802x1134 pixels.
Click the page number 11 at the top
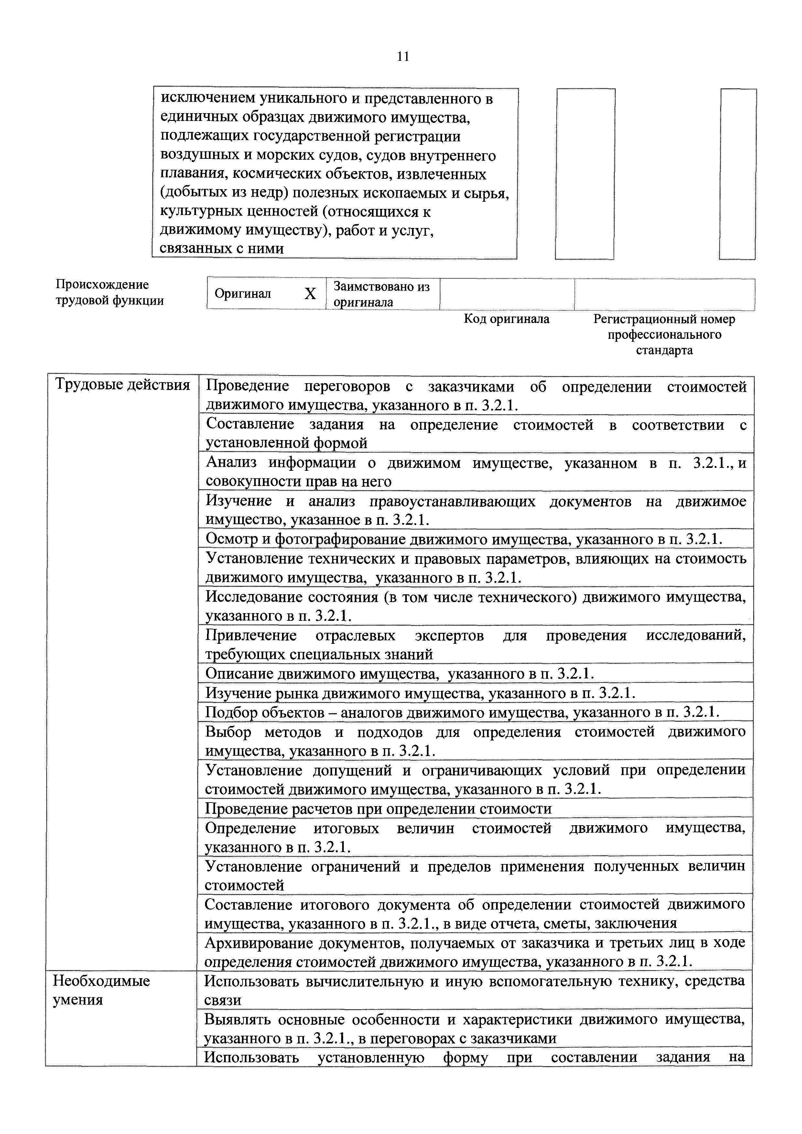click(403, 57)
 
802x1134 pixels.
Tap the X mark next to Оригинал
click(309, 294)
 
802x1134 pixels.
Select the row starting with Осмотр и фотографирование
click(463, 539)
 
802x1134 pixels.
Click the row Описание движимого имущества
click(399, 674)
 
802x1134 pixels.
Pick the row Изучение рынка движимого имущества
click(420, 693)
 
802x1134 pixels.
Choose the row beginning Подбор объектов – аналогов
click(462, 712)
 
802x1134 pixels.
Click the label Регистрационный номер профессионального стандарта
click(664, 334)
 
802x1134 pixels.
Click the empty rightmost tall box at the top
click(738, 174)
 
